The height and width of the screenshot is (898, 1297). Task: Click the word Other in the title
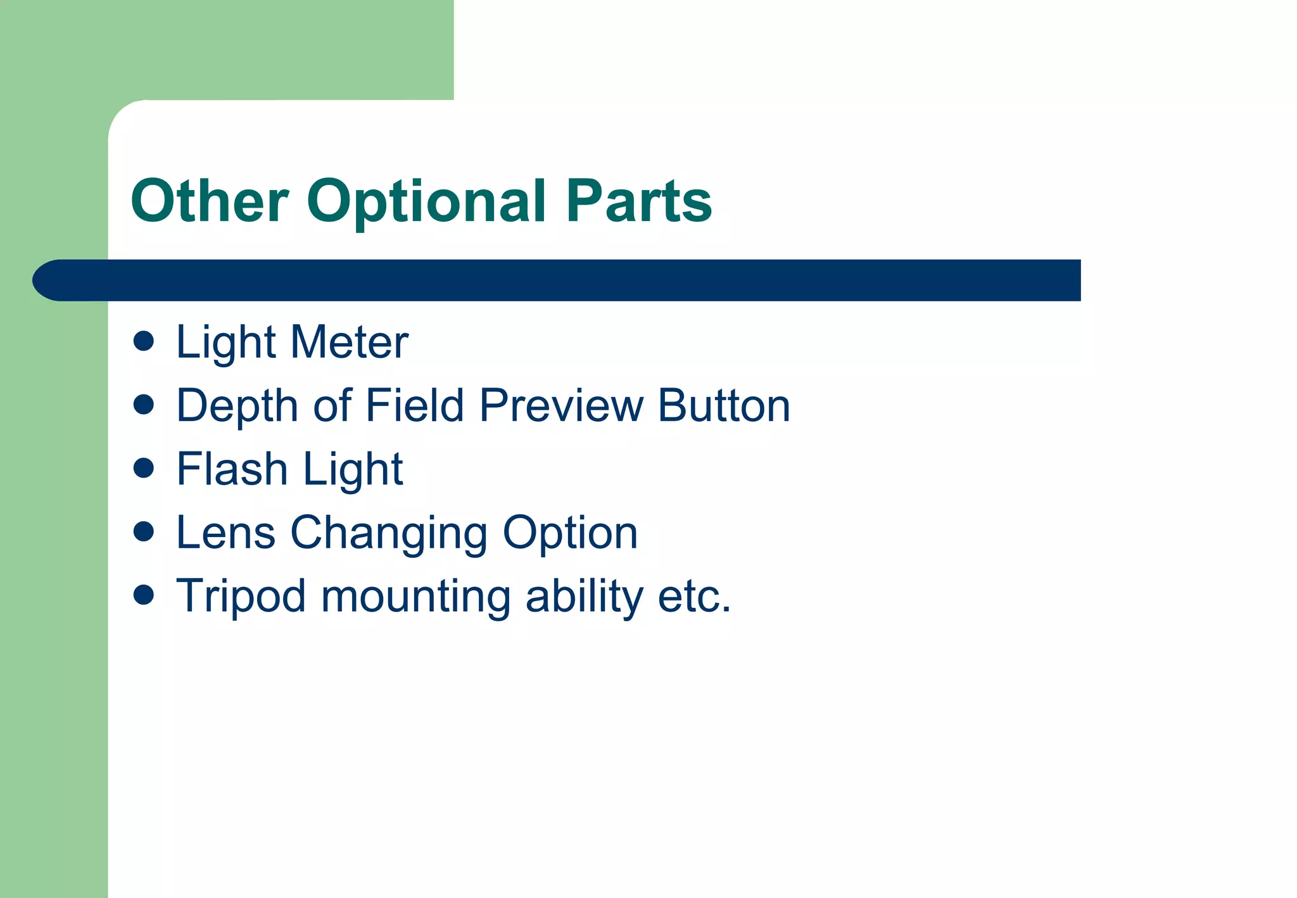click(210, 201)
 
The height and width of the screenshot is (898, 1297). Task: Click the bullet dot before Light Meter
click(144, 341)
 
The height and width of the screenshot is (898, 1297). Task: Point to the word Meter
click(349, 343)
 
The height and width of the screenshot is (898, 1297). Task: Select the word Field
click(415, 405)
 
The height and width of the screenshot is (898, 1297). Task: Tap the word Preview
click(561, 405)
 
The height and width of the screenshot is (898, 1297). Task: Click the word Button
click(724, 405)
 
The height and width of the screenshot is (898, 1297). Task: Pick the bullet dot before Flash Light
click(144, 468)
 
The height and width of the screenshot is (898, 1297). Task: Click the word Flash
click(232, 469)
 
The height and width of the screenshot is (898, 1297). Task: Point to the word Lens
click(225, 533)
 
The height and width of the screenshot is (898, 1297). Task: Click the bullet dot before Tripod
click(144, 595)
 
